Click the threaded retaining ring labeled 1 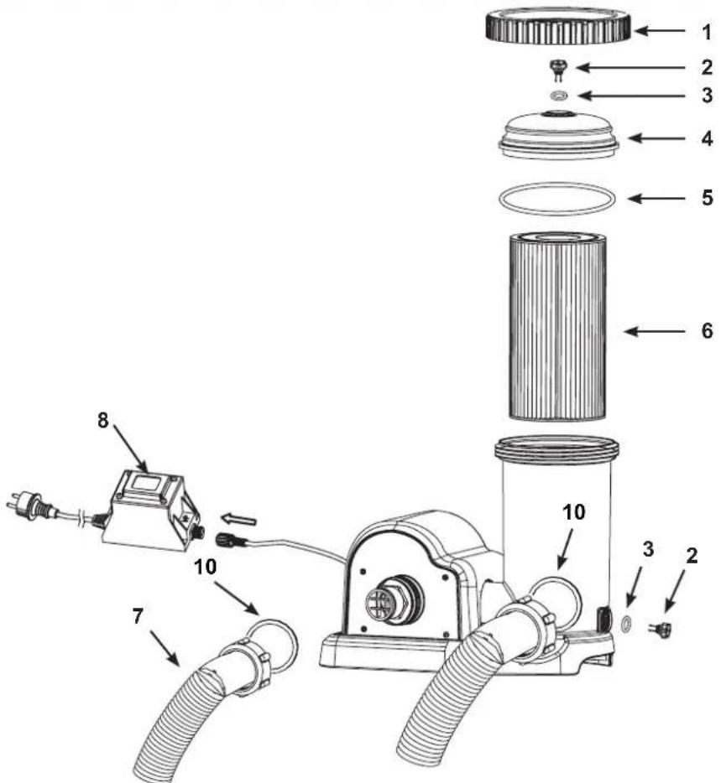[x=558, y=26]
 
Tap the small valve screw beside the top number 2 [x=556, y=69]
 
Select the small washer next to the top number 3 [x=557, y=95]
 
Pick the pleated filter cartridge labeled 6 [x=557, y=326]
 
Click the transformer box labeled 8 [x=150, y=511]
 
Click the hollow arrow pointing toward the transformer [x=238, y=520]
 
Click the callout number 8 [x=102, y=421]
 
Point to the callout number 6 [x=707, y=330]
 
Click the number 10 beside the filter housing [x=573, y=512]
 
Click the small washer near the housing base [x=625, y=624]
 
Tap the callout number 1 [x=706, y=33]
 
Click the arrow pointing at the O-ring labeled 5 [x=656, y=198]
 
